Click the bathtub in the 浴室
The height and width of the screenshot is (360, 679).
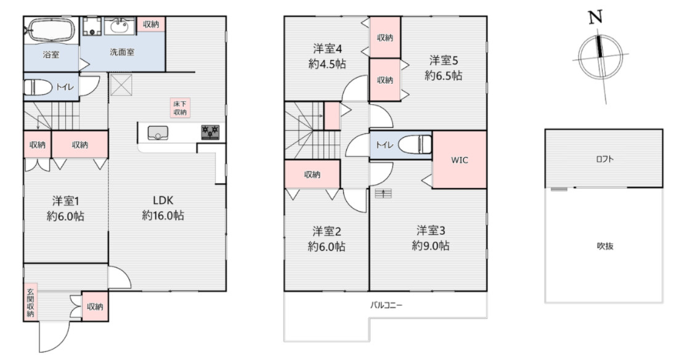coord(51,30)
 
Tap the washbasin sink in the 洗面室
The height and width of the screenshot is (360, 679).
coord(120,25)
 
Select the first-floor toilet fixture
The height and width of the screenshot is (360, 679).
coord(39,87)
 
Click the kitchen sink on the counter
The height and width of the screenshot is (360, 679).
coord(158,133)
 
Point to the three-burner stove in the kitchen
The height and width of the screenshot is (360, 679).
coord(210,132)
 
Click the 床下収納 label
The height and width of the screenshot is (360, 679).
coord(180,108)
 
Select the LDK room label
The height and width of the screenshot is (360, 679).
coord(163,200)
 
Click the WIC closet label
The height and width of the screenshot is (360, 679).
coord(460,160)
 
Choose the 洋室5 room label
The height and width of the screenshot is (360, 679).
coord(444,60)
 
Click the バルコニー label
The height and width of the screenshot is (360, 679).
coord(386,305)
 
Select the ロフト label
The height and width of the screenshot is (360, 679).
coord(604,159)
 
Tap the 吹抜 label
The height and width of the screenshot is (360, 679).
coord(605,246)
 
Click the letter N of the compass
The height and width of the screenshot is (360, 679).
coord(596,17)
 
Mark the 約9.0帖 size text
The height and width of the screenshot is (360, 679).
coord(431,245)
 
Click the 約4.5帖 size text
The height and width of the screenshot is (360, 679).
coord(327,64)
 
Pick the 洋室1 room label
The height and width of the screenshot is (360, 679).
coord(65,200)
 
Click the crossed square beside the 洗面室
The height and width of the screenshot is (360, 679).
coord(121,84)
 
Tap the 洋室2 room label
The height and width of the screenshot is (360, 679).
coord(327,231)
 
